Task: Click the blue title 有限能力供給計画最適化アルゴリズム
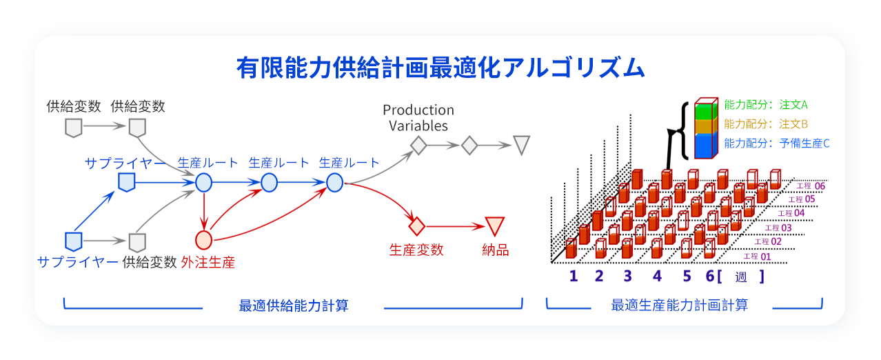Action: (440, 68)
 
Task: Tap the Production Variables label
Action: (418, 118)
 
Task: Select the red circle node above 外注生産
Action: (204, 240)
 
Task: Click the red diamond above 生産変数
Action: (416, 226)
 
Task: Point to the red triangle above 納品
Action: (495, 226)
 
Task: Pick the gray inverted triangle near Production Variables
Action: (522, 145)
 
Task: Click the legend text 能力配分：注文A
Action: (766, 105)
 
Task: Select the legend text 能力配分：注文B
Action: (766, 124)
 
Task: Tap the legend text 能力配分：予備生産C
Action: (777, 143)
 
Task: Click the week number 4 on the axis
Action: (657, 276)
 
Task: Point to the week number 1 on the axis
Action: (574, 276)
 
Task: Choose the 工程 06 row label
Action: (811, 186)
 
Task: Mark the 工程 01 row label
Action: (757, 257)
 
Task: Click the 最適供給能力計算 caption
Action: (294, 306)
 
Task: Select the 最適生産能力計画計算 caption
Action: (679, 305)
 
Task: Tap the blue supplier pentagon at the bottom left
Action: (74, 241)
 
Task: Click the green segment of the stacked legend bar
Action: (706, 111)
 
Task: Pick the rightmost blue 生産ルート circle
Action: (335, 183)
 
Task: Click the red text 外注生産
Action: (207, 263)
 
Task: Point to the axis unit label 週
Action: (741, 277)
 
